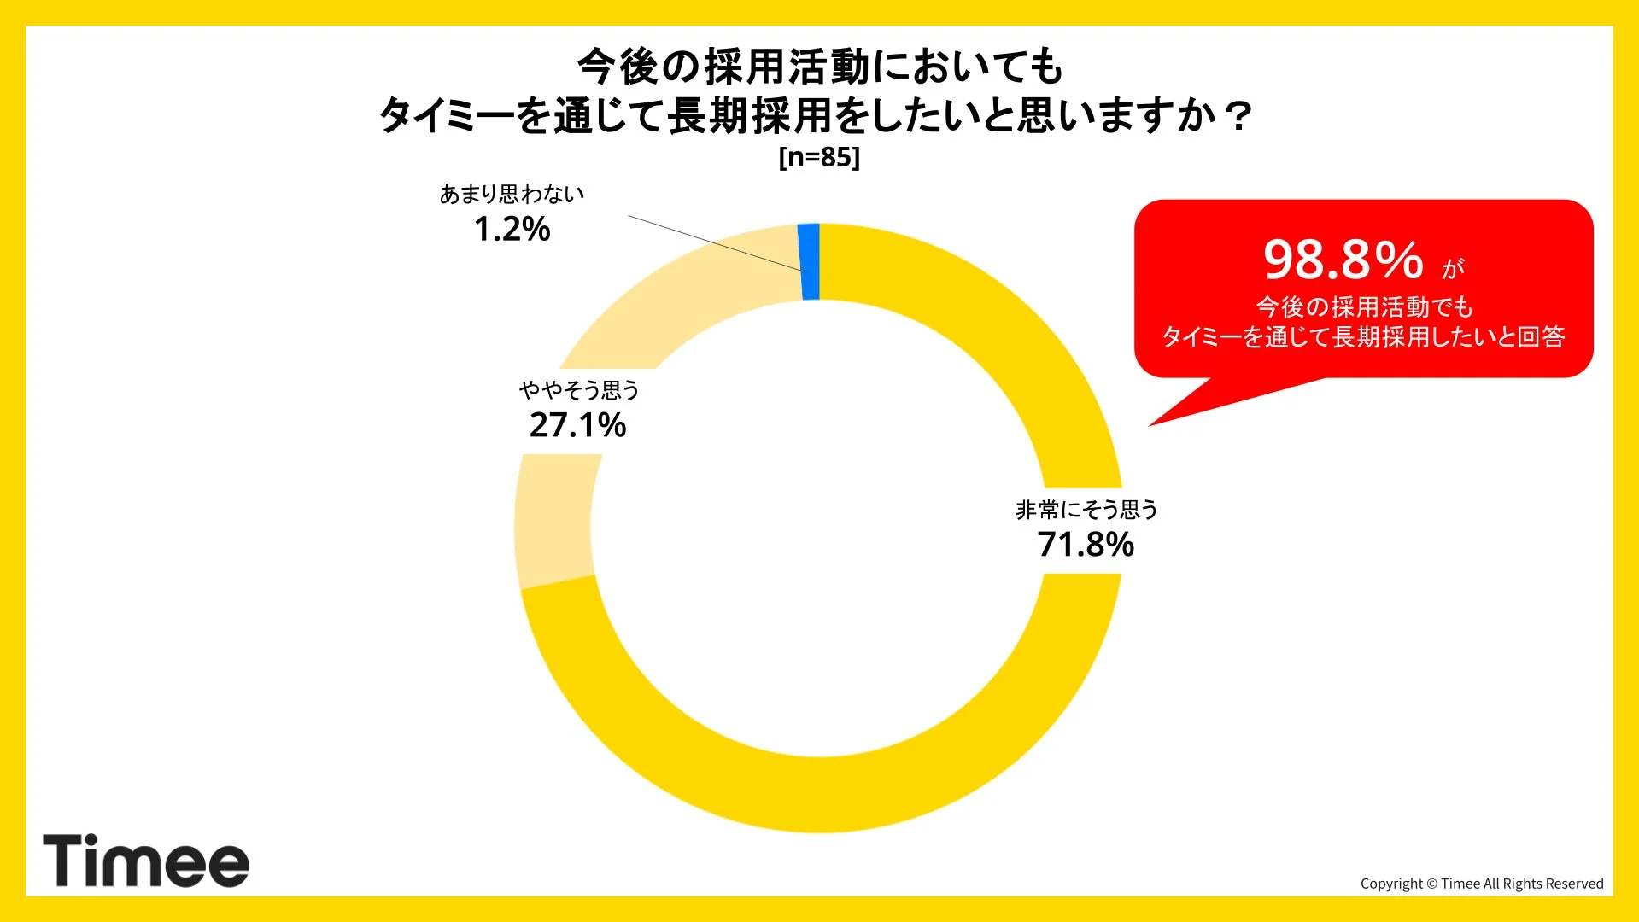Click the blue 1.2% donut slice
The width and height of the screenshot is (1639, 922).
point(810,262)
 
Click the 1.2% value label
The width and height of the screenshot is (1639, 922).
point(512,229)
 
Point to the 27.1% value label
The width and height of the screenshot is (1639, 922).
point(577,425)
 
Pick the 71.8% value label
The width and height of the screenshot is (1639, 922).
point(1086,545)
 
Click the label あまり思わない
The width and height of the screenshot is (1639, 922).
point(512,195)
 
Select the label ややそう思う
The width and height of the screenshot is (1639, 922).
point(579,390)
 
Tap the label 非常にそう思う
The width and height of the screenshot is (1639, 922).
point(1086,510)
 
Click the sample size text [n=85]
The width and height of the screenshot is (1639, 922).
point(819,157)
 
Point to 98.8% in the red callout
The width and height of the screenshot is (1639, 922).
point(1343,260)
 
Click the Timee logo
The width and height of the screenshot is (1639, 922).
point(146,861)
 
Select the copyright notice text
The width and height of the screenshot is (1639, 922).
point(1482,884)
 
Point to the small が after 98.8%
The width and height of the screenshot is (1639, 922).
point(1453,269)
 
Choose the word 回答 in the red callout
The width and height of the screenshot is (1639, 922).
point(1541,336)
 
